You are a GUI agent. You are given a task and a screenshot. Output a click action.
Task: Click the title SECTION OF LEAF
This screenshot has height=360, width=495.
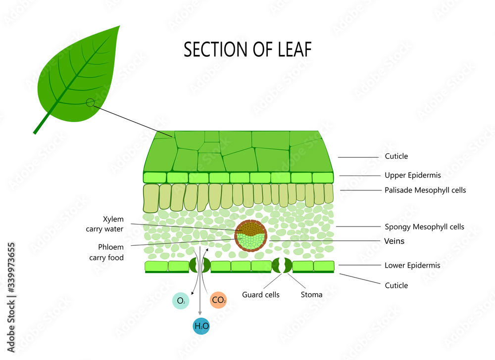247,49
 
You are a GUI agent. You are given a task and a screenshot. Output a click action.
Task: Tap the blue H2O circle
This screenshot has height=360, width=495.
201,326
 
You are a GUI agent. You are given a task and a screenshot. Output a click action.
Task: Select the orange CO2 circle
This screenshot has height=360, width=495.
218,300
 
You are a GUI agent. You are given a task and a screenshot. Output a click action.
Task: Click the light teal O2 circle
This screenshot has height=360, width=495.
181,300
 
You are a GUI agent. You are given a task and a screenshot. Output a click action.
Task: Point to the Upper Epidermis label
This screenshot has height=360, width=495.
412,175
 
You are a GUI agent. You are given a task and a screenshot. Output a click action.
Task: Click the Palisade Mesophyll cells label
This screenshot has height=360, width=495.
425,190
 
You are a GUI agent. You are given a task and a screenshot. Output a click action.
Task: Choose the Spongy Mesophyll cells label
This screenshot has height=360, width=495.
424,227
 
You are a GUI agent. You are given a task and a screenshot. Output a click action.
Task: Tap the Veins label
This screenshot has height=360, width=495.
395,241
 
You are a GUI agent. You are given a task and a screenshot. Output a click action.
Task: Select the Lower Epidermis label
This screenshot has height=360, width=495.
412,266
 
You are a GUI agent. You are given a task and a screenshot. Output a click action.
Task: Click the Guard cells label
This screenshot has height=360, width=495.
261,295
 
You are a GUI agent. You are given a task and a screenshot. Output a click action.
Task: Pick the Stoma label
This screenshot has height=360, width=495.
311,295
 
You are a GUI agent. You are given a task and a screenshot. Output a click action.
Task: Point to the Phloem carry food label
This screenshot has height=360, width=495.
106,252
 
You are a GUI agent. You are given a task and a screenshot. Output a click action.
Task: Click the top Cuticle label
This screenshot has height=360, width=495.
396,156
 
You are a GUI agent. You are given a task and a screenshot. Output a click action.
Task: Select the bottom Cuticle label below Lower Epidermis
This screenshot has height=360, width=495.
396,285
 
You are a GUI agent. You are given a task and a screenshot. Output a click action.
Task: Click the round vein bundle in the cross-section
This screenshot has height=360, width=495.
251,236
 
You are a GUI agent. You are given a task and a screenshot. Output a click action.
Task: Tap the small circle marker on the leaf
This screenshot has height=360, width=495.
90,103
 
